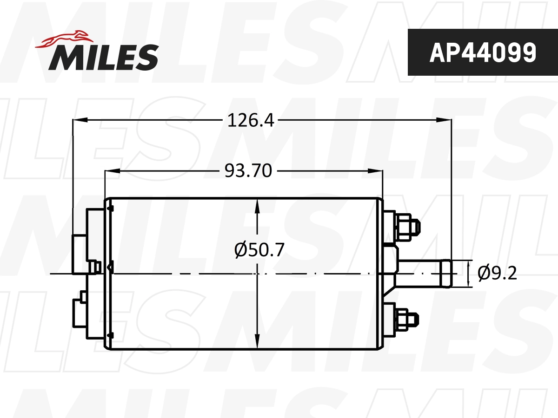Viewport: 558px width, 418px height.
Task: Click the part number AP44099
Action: click(x=482, y=52)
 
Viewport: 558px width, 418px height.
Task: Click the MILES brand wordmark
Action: click(x=104, y=57)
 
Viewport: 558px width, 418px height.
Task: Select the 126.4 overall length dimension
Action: click(x=251, y=120)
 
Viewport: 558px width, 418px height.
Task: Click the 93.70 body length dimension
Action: click(x=248, y=171)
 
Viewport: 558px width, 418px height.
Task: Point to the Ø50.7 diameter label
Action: click(x=259, y=251)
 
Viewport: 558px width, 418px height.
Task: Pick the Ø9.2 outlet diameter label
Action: click(x=497, y=274)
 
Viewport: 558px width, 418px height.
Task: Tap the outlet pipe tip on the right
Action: click(x=445, y=274)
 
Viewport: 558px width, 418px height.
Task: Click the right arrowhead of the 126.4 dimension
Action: click(x=445, y=120)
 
